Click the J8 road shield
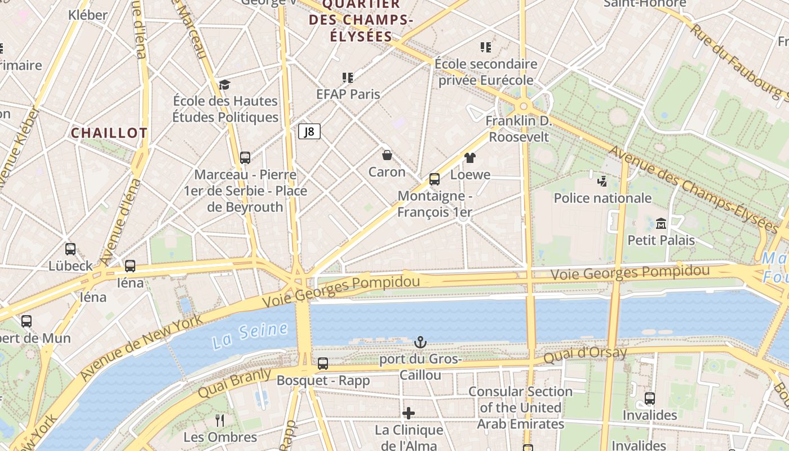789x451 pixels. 309,132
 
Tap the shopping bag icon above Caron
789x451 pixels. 387,154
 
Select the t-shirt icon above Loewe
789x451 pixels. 470,157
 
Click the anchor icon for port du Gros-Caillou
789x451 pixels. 420,342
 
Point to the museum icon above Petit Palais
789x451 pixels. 661,223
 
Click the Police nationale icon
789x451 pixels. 602,181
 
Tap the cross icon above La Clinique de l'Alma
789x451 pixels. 409,413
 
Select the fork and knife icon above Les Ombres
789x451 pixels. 220,420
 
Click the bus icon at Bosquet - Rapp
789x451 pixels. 322,364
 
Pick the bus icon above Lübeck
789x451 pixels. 70,249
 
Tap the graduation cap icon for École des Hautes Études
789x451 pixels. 225,85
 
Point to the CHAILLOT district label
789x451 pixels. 109,133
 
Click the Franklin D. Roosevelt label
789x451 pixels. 518,129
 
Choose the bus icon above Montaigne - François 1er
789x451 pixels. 434,179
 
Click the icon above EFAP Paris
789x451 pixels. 348,77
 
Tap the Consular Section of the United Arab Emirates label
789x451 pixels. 520,408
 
